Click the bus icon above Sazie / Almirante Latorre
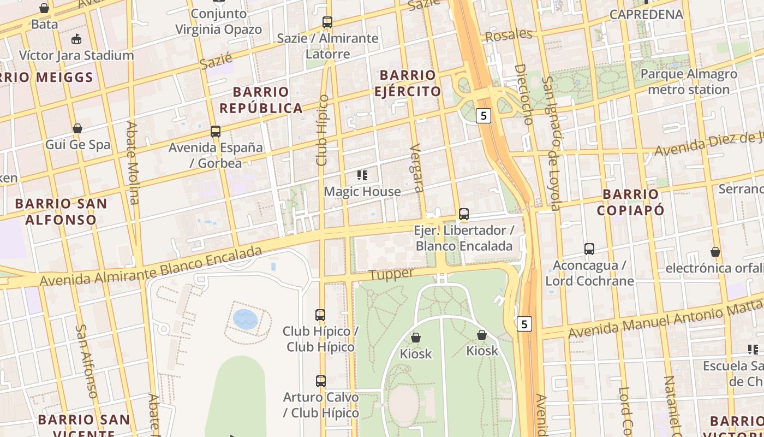click(327, 22)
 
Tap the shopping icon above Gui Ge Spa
click(77, 128)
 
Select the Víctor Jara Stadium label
click(76, 55)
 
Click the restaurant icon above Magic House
click(362, 175)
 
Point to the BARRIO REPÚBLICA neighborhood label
click(261, 100)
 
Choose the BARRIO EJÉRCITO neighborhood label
click(408, 83)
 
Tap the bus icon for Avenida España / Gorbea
click(216, 132)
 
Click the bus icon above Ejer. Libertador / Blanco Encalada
click(464, 214)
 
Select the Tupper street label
click(391, 274)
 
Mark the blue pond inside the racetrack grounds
click(245, 319)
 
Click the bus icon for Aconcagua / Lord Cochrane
click(589, 249)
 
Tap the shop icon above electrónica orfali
click(715, 252)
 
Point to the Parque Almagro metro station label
click(688, 82)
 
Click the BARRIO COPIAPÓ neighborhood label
click(630, 202)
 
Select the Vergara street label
click(417, 168)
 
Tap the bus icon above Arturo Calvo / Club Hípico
click(321, 381)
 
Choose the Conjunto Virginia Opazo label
click(218, 22)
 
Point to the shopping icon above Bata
click(44, 8)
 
